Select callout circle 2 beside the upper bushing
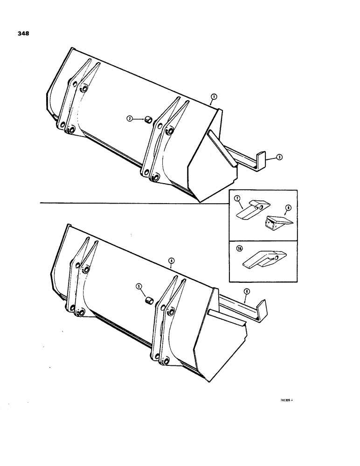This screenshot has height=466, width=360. pyautogui.click(x=130, y=119)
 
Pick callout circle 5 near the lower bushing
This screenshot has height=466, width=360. pyautogui.click(x=138, y=287)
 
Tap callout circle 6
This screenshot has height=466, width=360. pyautogui.click(x=246, y=291)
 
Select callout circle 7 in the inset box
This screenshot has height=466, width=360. pyautogui.click(x=236, y=199)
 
